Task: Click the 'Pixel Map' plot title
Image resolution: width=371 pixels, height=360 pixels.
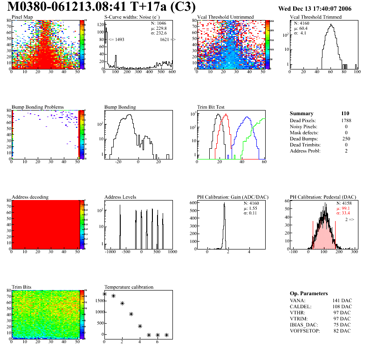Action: (22, 17)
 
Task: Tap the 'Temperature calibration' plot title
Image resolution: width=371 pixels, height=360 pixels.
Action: (129, 287)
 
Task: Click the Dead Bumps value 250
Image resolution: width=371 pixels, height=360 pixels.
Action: (346, 139)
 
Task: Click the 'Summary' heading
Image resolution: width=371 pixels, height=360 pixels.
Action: (302, 113)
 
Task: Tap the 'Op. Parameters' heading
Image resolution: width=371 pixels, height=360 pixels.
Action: (309, 293)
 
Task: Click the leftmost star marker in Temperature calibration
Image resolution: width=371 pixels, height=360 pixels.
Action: (104, 294)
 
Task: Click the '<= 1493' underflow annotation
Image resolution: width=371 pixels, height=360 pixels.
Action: (117, 40)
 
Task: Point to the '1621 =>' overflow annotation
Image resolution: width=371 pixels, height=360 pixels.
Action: (167, 40)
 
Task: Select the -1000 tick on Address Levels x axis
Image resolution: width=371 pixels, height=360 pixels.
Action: (110, 252)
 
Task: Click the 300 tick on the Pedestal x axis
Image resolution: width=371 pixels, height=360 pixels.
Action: (354, 252)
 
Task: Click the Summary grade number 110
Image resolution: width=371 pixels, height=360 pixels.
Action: (345, 113)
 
